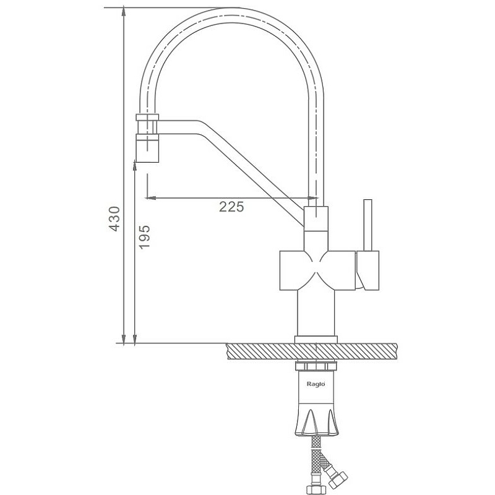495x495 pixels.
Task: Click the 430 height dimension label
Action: (x=114, y=219)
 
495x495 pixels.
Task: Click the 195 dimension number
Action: (x=145, y=237)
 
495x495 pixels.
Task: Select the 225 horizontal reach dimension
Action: (x=231, y=207)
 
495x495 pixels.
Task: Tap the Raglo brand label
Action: (x=316, y=384)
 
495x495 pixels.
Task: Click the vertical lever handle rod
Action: (x=368, y=225)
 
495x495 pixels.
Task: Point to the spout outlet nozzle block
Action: (x=147, y=148)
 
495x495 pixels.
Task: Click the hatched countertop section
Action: (x=312, y=351)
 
